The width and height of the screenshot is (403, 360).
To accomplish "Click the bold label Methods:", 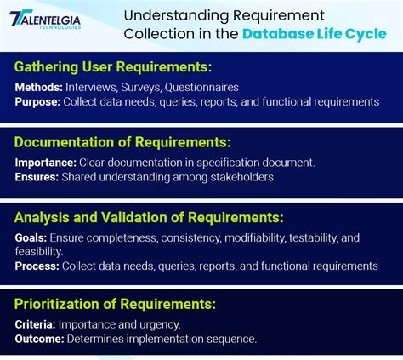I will click(39, 88).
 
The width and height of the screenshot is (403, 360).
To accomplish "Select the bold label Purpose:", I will click(40, 101).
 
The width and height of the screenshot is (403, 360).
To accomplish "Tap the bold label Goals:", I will click(31, 237).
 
